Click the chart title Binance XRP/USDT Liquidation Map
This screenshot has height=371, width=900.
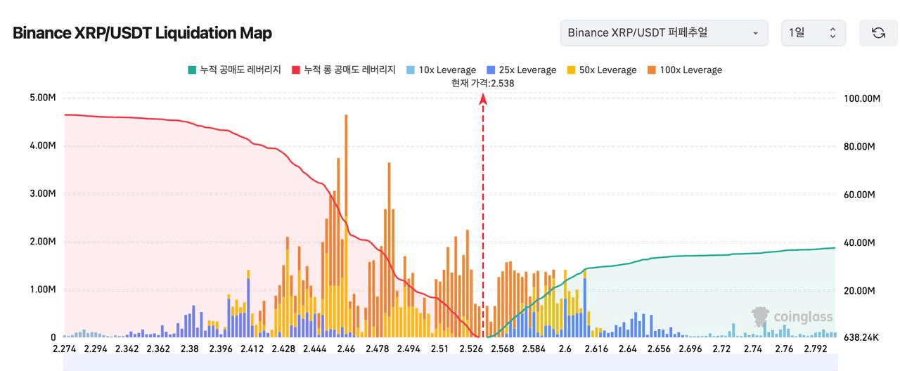coord(142,33)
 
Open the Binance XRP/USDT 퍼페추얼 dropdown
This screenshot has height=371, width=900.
coord(663,33)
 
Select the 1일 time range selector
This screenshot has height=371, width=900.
coord(813,33)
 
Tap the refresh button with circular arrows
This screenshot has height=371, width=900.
coord(878,33)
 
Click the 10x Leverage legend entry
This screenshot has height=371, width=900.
coord(441,70)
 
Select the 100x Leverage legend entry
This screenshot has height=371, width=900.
coord(684,70)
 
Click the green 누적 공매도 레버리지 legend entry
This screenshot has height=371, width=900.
coord(234,70)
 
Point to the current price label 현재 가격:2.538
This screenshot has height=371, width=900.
coord(483,83)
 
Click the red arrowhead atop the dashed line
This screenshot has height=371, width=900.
coord(483,99)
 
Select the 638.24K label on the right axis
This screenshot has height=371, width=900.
coord(861,338)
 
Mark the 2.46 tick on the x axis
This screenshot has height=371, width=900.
coord(346,349)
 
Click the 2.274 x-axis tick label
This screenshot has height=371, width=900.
coord(65,349)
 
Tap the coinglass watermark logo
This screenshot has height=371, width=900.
coord(792,317)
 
